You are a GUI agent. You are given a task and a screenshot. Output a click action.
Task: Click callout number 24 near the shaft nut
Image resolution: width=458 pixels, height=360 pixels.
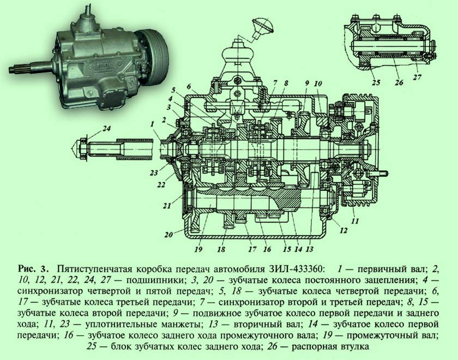pos(107,128)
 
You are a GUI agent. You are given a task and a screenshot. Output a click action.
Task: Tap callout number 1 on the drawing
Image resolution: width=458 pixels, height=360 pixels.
pos(152,124)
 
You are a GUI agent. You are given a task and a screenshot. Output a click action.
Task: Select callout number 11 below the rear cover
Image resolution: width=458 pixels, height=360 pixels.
pos(354,221)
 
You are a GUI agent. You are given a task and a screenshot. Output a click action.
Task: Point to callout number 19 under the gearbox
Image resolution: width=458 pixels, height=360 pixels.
pos(198,249)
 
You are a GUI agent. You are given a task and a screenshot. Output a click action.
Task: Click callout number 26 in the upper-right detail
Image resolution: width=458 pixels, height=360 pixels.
pos(399,82)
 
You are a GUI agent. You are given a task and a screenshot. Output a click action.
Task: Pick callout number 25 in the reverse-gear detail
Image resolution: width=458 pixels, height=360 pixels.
pos(376,82)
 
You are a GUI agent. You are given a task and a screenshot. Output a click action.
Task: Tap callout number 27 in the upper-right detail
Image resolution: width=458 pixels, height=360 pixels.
pos(418,78)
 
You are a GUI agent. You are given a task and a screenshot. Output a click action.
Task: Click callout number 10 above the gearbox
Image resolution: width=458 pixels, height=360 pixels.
pos(318,84)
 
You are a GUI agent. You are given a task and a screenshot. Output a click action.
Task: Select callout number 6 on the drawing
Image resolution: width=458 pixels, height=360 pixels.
pos(189,87)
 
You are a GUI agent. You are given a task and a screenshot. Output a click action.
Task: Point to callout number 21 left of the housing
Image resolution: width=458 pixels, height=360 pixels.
pos(167,206)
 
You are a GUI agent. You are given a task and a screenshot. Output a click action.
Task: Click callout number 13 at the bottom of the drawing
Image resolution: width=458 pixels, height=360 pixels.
pos(309,249)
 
